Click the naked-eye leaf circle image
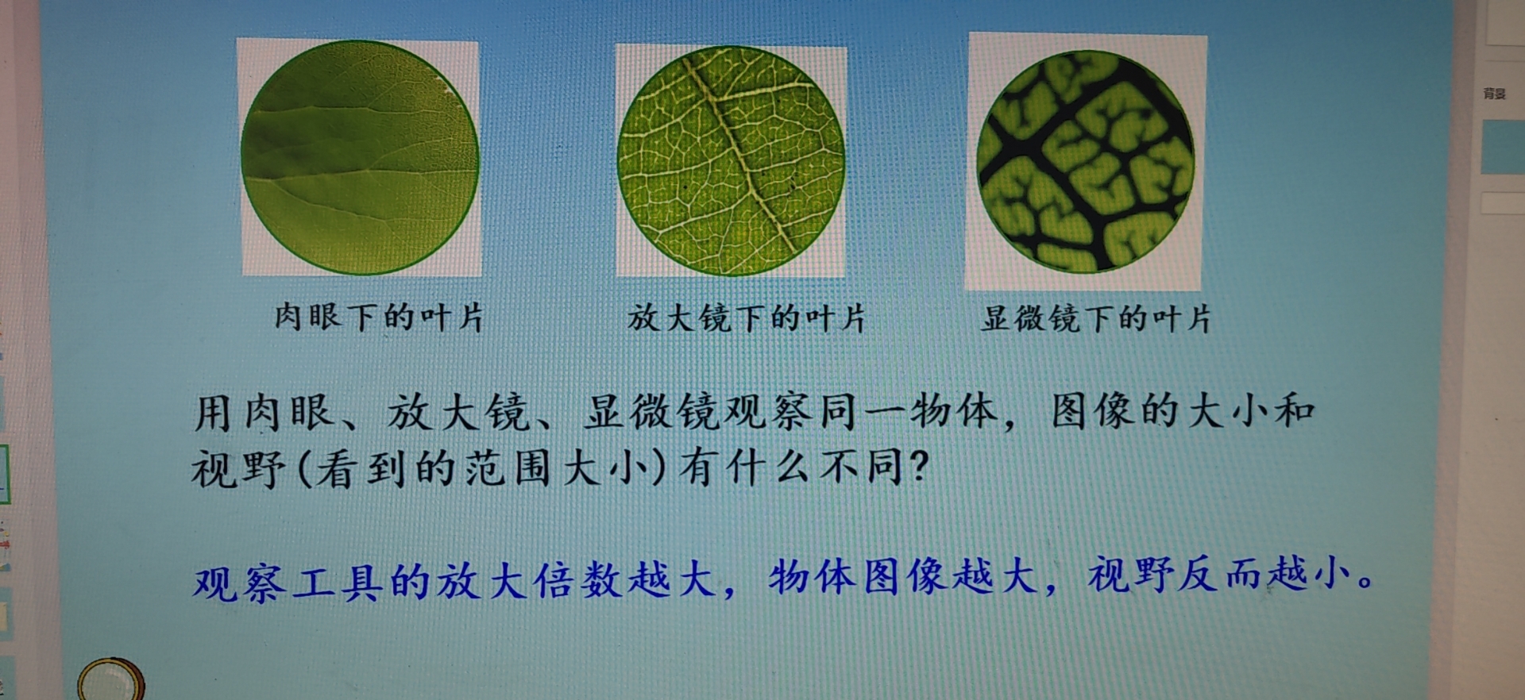click(360, 158)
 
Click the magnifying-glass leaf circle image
click(731, 161)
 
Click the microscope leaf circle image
click(1085, 161)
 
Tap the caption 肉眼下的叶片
click(379, 317)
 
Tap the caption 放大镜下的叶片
click(746, 318)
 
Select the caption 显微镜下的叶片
click(1096, 319)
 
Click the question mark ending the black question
click(918, 465)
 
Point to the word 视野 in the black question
click(237, 468)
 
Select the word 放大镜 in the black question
click(457, 413)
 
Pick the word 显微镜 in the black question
click(653, 412)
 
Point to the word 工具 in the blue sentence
click(338, 582)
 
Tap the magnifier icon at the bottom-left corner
click(111, 680)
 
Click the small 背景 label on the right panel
click(1494, 94)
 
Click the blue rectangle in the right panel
click(1503, 147)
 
